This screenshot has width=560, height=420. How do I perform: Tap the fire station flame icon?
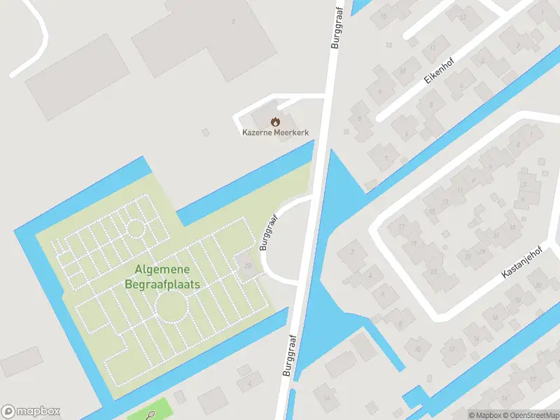pyautogui.click(x=275, y=121)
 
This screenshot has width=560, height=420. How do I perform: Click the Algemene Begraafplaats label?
pyautogui.click(x=162, y=277)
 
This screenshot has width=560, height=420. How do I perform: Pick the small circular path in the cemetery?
pyautogui.click(x=134, y=228)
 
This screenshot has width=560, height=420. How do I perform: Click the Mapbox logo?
pyautogui.click(x=30, y=412)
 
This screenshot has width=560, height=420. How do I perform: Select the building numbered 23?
pyautogui.click(x=434, y=272)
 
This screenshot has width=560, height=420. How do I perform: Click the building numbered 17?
pyautogui.click(x=402, y=227)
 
